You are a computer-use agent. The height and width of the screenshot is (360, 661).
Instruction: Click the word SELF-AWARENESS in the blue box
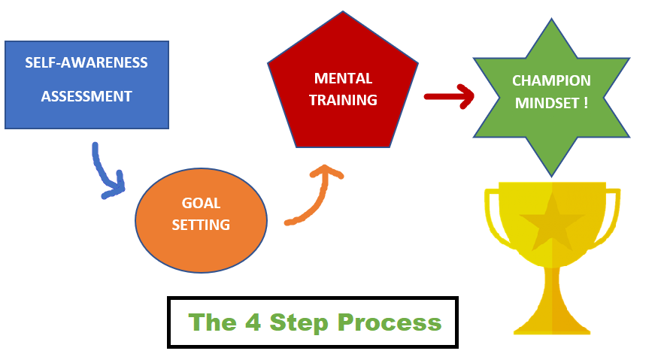86,63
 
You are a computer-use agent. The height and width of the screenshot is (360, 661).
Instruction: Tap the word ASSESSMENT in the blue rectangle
86,96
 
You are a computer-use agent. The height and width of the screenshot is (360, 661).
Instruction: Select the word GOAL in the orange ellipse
201,203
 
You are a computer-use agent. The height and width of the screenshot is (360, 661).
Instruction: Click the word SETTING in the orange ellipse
201,225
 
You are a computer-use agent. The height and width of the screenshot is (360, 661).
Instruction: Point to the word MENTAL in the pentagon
343,78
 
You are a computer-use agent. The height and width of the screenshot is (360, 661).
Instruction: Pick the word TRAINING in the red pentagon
343,100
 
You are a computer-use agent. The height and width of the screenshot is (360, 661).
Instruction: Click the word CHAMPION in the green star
551,80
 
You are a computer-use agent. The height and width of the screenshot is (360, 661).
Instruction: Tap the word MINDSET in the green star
547,103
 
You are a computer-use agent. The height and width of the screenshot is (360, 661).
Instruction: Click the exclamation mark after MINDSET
586,103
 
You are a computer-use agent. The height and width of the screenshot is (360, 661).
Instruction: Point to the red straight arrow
449,97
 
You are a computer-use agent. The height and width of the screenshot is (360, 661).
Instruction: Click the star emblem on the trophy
552,222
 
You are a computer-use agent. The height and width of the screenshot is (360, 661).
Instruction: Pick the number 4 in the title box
253,322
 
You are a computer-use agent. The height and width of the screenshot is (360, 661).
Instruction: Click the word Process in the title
390,322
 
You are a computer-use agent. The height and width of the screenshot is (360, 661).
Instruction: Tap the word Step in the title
299,323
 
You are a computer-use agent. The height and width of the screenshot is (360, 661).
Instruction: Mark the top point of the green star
551,19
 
